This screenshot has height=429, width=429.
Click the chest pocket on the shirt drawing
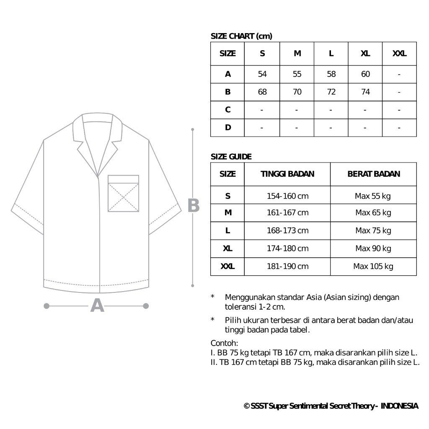(x=123, y=194)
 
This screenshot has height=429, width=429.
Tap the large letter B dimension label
(x=193, y=206)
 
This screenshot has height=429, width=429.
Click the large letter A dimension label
(x=97, y=306)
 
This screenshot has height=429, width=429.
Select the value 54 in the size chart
(x=262, y=74)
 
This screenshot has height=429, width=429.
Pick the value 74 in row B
(x=365, y=92)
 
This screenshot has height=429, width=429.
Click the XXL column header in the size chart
(x=399, y=54)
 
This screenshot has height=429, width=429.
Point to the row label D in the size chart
(x=227, y=127)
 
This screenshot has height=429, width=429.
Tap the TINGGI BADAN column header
(x=287, y=174)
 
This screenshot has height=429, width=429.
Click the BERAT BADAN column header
(x=374, y=174)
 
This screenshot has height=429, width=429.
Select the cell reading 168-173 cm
(x=287, y=230)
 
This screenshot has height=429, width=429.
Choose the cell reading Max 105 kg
(x=373, y=266)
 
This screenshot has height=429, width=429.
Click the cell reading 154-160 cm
(x=287, y=196)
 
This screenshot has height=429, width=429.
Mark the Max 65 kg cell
(x=373, y=212)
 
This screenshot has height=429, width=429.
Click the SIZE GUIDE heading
(x=231, y=157)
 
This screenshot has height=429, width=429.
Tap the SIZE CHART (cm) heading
(x=241, y=36)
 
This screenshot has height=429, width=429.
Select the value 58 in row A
(x=331, y=74)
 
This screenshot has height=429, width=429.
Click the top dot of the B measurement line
(x=193, y=130)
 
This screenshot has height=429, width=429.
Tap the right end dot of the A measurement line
(x=146, y=306)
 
